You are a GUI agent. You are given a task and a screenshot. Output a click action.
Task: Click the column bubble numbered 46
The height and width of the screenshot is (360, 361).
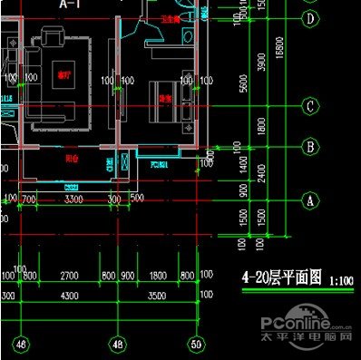[20, 344]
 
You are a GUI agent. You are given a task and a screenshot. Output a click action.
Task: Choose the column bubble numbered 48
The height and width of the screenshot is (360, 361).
[117, 344]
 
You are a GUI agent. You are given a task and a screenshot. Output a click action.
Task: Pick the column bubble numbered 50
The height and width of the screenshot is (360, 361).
[195, 344]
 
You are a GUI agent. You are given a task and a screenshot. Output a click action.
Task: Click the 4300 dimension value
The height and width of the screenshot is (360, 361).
[69, 296]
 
